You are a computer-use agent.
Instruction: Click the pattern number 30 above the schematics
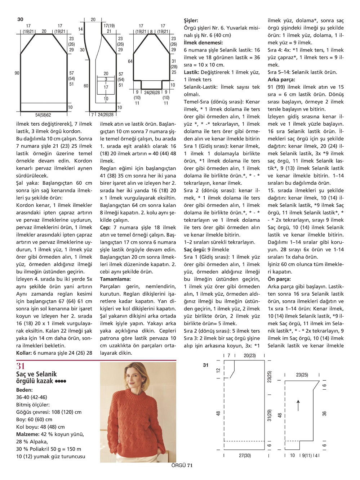point(20,19)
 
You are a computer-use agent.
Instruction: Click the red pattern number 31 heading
point(21,366)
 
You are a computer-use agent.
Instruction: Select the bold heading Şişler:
point(191,21)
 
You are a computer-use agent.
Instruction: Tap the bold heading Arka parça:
point(281,80)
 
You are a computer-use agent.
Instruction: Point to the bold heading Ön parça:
point(279,279)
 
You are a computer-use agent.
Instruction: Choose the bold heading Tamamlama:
point(115,279)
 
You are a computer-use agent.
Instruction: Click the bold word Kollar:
point(24,353)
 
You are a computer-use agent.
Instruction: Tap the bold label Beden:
point(25,390)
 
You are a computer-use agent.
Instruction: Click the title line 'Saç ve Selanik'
point(37,374)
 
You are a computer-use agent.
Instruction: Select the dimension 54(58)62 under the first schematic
point(43,115)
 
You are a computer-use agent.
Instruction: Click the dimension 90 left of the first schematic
point(17,73)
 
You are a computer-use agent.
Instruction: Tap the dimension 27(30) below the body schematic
point(245,456)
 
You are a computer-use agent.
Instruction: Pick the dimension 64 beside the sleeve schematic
point(130,62)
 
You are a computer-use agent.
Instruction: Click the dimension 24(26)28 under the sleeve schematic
point(152,93)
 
